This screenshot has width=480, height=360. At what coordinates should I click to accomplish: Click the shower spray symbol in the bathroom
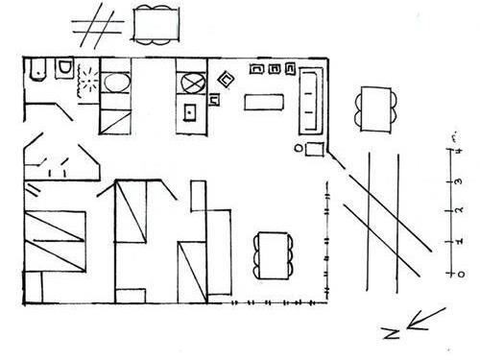[x=87, y=78]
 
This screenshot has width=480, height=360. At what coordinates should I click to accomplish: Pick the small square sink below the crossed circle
[x=189, y=112]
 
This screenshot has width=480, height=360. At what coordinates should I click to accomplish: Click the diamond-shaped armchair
[x=226, y=81]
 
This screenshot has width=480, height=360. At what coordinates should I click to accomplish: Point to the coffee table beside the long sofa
[x=267, y=102]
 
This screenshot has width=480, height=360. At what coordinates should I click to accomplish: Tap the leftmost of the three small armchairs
[x=256, y=69]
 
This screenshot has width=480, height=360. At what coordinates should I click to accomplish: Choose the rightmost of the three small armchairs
[x=287, y=69]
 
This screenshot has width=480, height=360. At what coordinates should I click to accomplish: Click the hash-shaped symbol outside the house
[x=97, y=26]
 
